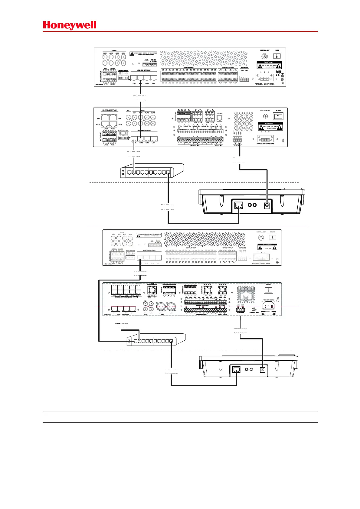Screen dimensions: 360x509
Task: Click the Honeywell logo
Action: tap(70, 25)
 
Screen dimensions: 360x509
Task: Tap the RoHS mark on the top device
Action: tap(278, 72)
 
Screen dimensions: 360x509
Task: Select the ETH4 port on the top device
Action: tap(153, 78)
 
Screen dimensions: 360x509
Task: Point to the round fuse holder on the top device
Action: tap(264, 56)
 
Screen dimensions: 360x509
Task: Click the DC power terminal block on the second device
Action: tap(237, 139)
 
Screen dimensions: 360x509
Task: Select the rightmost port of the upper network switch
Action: tap(168, 173)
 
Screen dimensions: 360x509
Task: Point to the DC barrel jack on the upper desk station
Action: tap(267, 205)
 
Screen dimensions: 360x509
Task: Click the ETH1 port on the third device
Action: tap(140, 258)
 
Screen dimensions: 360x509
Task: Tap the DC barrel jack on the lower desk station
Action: tap(262, 369)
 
